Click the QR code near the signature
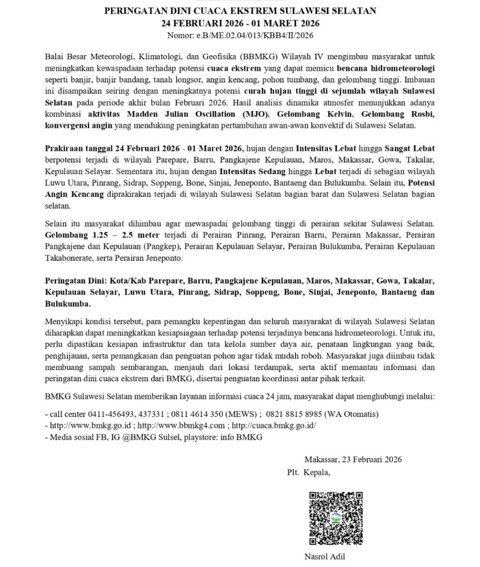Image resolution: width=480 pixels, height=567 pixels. [336, 518]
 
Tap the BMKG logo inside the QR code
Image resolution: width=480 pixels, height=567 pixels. [336, 519]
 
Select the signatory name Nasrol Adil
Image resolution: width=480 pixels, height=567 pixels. [324, 556]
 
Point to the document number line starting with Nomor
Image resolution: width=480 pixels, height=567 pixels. [240, 36]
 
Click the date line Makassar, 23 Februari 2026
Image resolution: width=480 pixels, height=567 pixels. [353, 459]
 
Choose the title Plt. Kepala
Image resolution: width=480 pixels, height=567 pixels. [308, 472]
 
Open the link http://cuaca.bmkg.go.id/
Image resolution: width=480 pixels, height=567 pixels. [274, 425]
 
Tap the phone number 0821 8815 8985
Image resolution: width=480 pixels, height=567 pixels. [294, 414]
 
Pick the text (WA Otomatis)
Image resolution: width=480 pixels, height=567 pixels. [352, 414]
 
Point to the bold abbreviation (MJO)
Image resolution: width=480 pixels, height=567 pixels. [260, 114]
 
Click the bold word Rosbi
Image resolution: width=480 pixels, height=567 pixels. [420, 114]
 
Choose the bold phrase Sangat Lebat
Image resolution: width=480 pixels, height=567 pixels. [409, 148]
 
